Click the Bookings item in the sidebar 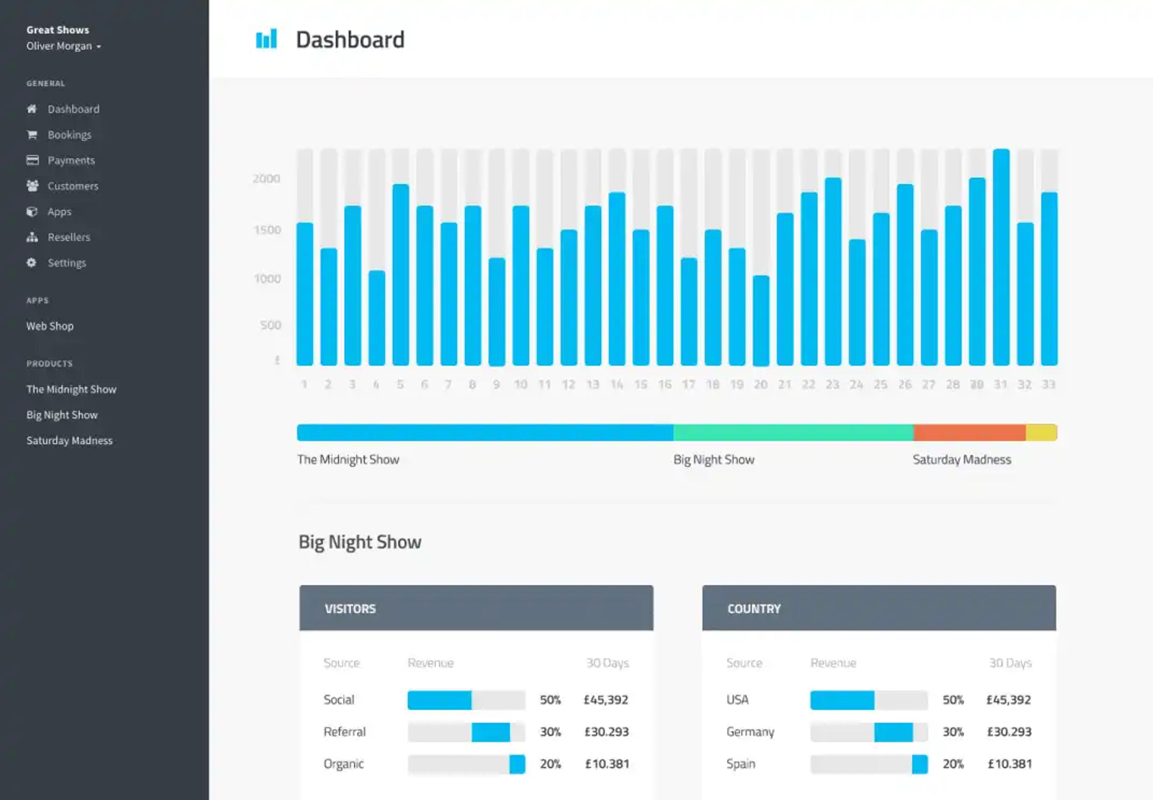(69, 135)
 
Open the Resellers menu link (69, 237)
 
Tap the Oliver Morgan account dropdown (64, 46)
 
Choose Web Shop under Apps (50, 326)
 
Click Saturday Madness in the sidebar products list (69, 441)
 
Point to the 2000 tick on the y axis (266, 178)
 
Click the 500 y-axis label (271, 325)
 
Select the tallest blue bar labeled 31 (1001, 257)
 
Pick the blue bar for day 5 (401, 275)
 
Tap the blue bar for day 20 (761, 321)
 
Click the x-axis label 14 (617, 385)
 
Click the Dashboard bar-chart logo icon (266, 39)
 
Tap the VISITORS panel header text (350, 608)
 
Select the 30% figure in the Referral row (550, 732)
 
